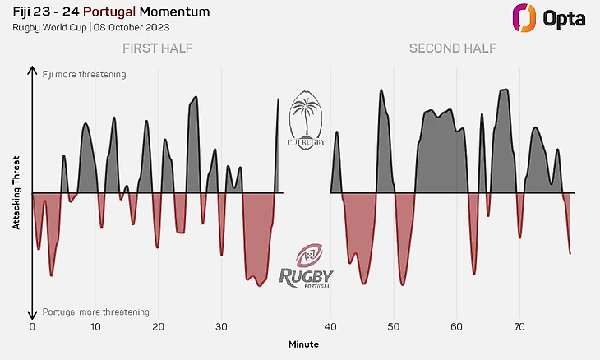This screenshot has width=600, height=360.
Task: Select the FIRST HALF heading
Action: tap(158, 48)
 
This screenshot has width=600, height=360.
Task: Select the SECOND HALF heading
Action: tap(453, 48)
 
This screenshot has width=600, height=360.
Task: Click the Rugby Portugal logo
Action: tap(307, 265)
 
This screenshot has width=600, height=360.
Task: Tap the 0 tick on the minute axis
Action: tap(32, 326)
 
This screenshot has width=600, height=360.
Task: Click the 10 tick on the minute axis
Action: tap(95, 326)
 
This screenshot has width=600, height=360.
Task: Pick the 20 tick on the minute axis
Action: tap(159, 326)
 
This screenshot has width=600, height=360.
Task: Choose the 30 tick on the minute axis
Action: tap(221, 326)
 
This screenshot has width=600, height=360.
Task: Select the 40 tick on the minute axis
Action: tap(330, 326)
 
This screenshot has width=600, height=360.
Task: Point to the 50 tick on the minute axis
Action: tap(394, 326)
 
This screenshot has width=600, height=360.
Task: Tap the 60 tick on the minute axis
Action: tap(456, 326)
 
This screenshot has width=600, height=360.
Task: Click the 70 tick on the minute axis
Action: tap(519, 326)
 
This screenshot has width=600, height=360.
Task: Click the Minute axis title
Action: tap(303, 344)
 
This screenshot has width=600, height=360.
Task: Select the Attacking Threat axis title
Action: tap(16, 193)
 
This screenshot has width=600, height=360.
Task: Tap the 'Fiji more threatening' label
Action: tap(84, 75)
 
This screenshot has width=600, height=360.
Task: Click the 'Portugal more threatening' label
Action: tap(95, 312)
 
